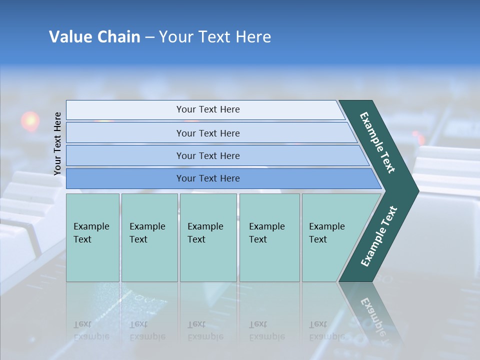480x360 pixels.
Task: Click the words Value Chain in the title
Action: (94, 36)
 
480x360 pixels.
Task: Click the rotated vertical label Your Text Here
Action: (57, 143)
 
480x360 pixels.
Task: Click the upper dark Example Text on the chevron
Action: (378, 142)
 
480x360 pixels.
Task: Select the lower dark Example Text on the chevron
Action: (379, 236)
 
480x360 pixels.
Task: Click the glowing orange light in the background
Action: (30, 120)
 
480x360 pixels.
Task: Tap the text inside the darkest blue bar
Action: (208, 178)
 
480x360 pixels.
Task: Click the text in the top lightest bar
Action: (208, 109)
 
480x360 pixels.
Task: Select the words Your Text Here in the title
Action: (215, 36)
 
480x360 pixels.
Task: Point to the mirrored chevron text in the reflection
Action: (373, 317)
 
